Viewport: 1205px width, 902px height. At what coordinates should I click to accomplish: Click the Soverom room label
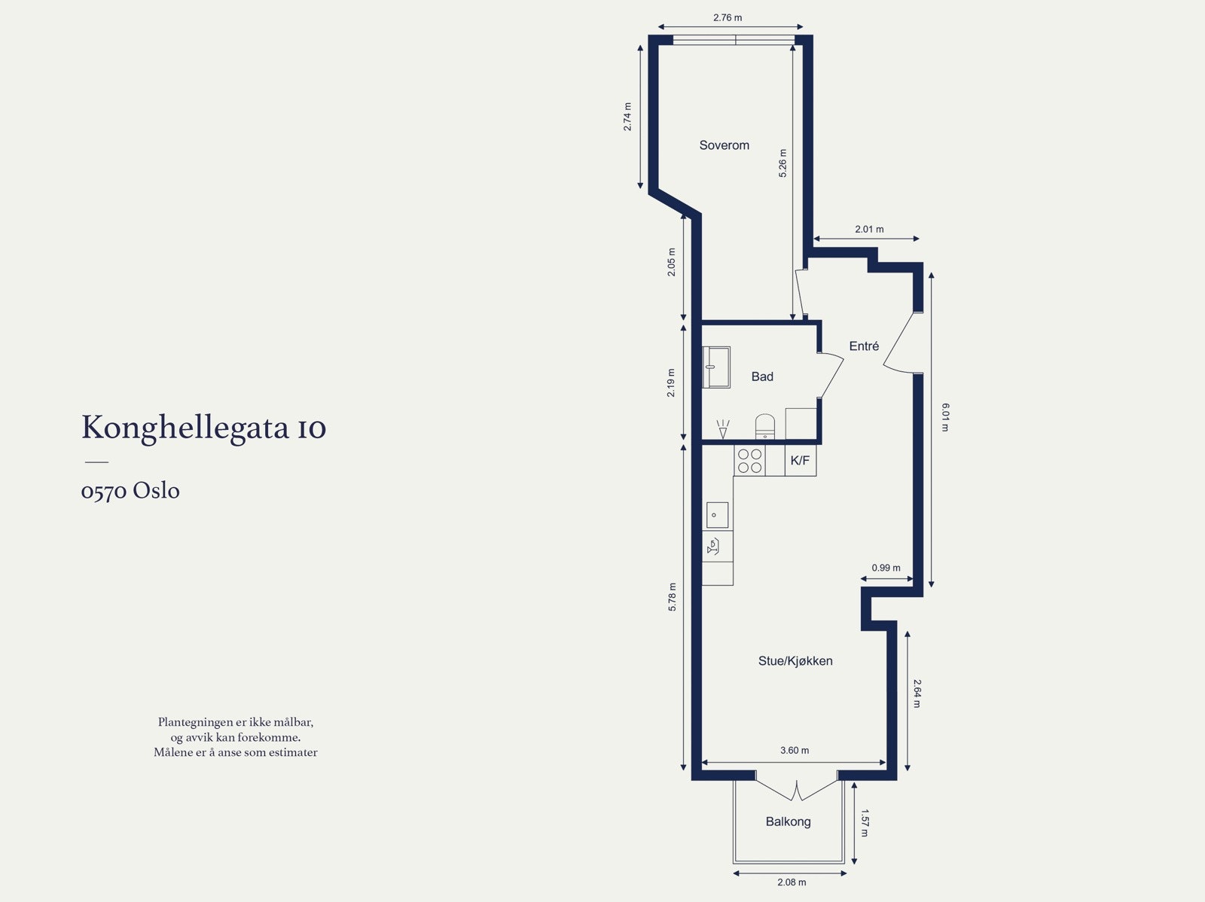(x=724, y=145)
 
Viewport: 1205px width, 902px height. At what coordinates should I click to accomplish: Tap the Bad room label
(x=762, y=376)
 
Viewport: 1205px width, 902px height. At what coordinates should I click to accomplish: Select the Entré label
(x=864, y=346)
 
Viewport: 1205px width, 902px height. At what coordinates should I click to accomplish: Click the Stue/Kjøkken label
(x=795, y=661)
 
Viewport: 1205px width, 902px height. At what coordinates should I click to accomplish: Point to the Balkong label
(x=788, y=821)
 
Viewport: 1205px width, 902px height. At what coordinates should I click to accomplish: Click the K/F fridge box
(x=800, y=461)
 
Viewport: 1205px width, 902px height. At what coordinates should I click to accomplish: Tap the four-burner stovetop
(x=749, y=461)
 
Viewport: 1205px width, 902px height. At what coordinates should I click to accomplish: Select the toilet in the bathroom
(x=765, y=425)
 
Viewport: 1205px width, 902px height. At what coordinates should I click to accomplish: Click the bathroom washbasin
(x=716, y=367)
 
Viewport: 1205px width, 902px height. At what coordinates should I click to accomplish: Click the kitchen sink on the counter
(x=717, y=516)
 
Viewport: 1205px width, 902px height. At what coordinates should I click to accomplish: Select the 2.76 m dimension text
(x=728, y=17)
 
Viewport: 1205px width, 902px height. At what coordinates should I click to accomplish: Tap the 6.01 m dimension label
(x=946, y=417)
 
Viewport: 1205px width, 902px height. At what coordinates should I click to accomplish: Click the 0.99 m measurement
(x=886, y=568)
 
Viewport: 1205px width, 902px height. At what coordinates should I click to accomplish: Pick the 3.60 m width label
(x=795, y=751)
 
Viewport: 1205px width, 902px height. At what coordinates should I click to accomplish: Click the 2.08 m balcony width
(x=792, y=882)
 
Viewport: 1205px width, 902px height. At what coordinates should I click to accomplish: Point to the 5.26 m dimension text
(x=782, y=163)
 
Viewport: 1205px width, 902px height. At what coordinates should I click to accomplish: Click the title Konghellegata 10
(x=203, y=428)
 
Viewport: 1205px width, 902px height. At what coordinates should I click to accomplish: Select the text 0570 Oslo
(x=130, y=491)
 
